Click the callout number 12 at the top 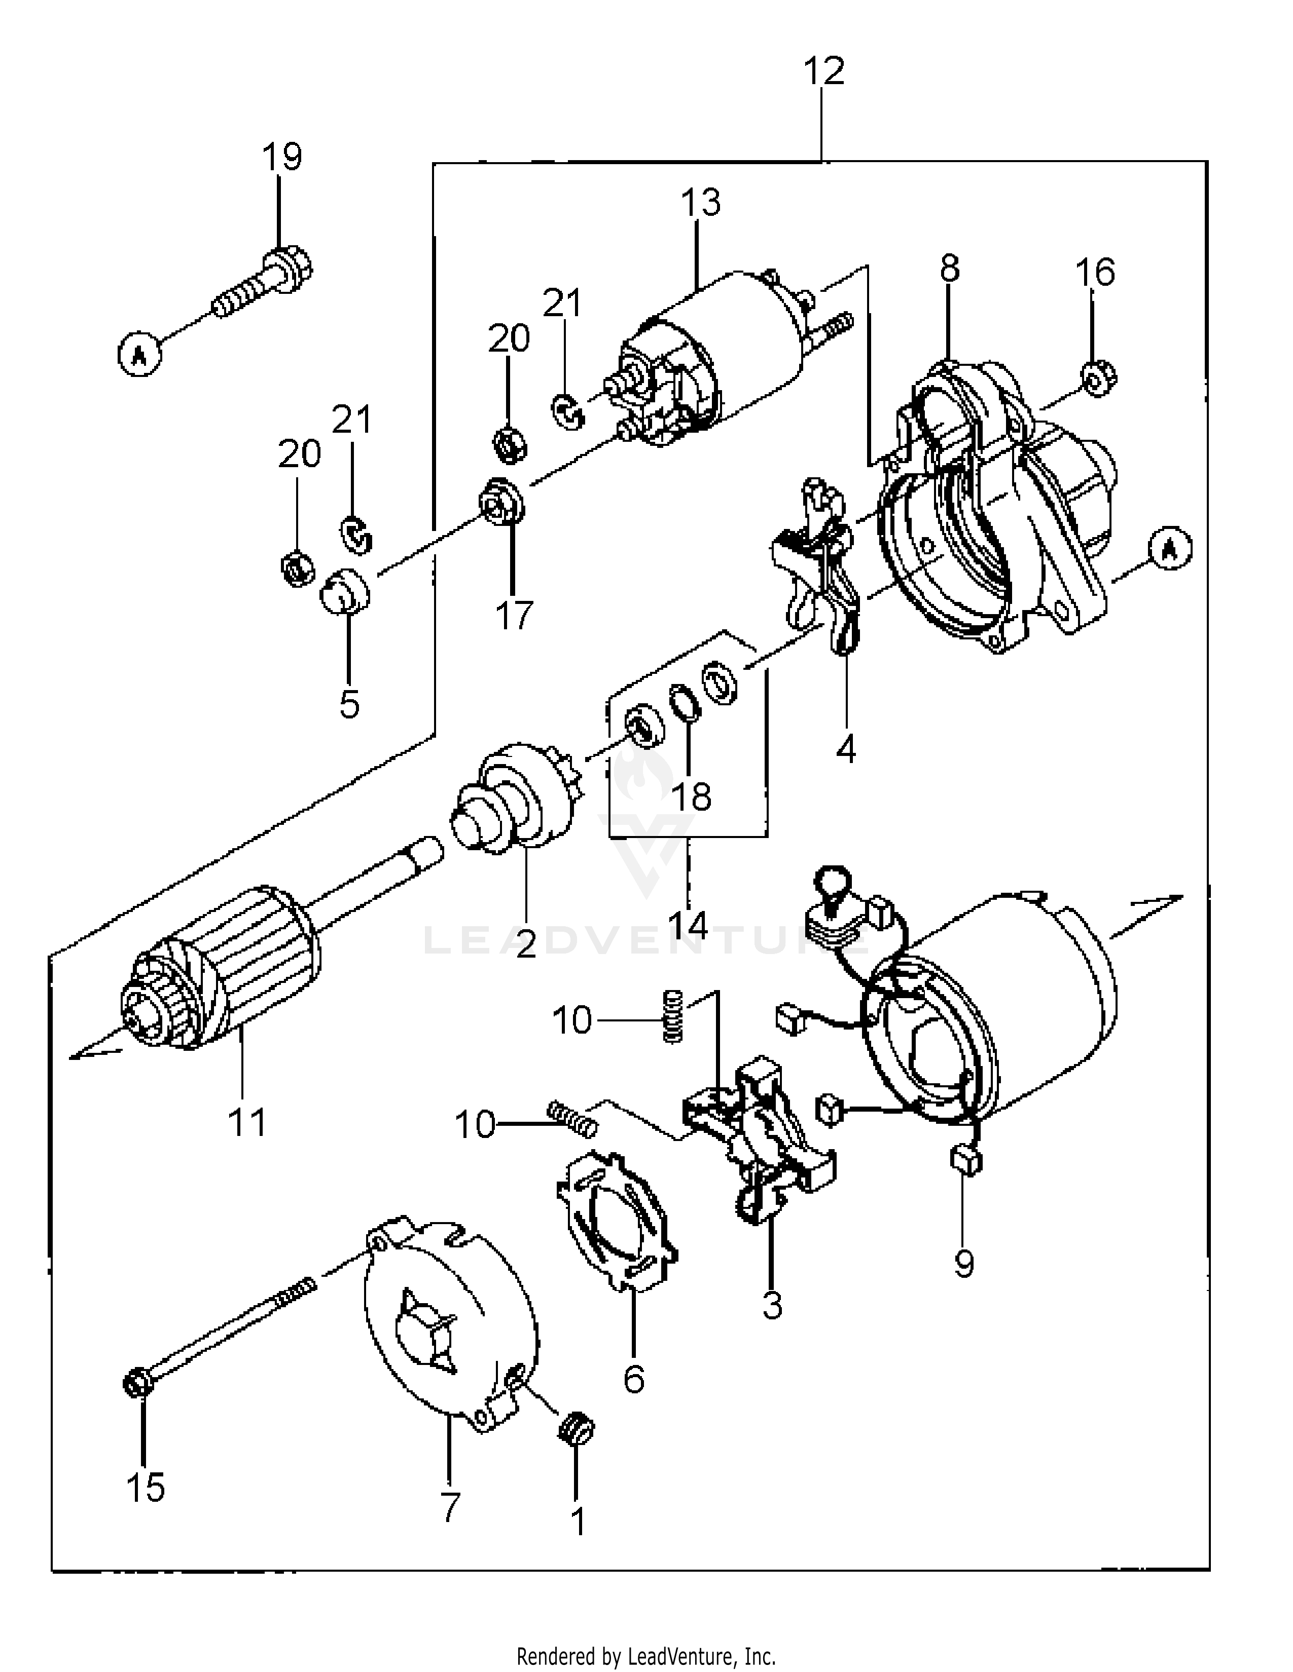[823, 71]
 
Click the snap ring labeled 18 [685, 702]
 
